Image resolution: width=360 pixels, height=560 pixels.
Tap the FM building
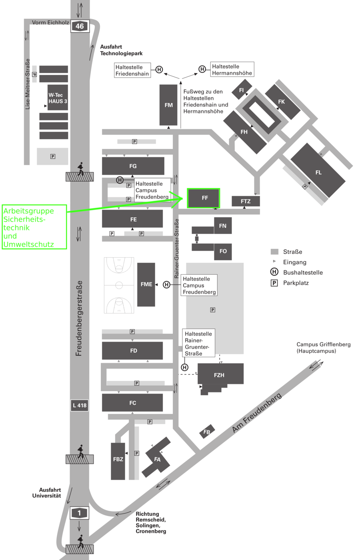168,105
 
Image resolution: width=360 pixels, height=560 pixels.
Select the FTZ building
246,201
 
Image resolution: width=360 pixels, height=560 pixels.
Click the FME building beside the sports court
146,284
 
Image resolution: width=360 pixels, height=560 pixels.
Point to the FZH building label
219,375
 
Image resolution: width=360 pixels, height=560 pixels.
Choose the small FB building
207,432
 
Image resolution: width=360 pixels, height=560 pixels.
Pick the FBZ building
118,460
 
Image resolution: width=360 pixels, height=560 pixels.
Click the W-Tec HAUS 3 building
58,98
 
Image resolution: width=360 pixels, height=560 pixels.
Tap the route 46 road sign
80,26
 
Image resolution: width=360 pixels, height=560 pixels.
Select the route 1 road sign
79,513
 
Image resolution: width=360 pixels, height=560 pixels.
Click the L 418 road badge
80,405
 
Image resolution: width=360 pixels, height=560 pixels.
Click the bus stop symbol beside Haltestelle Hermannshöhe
202,69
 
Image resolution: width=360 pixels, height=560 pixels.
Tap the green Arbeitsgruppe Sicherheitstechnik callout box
34,227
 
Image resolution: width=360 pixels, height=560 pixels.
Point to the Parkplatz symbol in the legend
274,283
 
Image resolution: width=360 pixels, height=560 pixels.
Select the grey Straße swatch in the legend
274,252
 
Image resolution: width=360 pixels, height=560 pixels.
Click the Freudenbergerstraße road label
79,318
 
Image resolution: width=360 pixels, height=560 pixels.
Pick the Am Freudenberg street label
257,413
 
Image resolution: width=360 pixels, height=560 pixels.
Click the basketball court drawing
119,285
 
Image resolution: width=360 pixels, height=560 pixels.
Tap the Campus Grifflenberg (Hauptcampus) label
323,348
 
